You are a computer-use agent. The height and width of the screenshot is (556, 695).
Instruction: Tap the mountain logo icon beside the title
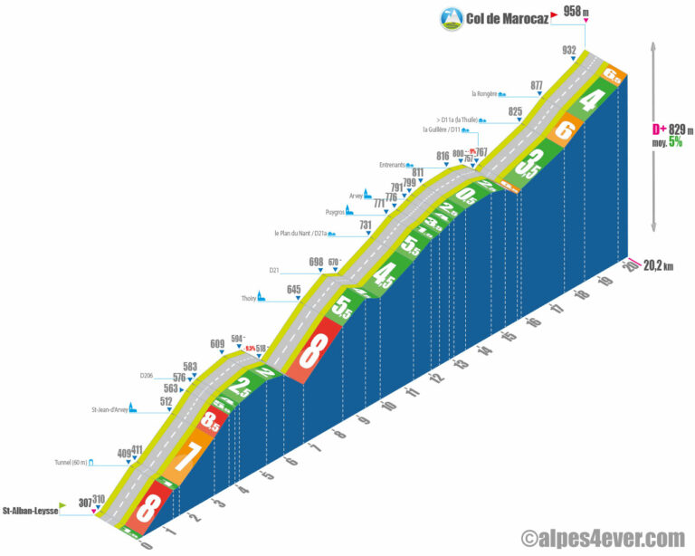(x=451, y=17)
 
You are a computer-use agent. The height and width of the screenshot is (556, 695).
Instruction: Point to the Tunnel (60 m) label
(x=71, y=462)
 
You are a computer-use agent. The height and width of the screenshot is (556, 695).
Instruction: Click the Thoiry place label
(x=248, y=297)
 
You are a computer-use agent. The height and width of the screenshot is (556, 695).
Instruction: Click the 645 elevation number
(x=293, y=289)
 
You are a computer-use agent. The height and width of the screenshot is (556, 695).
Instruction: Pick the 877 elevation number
(x=537, y=85)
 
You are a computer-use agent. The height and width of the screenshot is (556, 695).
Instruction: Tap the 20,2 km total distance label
(x=658, y=265)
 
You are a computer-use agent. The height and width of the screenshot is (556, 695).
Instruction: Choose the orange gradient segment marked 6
(x=565, y=130)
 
